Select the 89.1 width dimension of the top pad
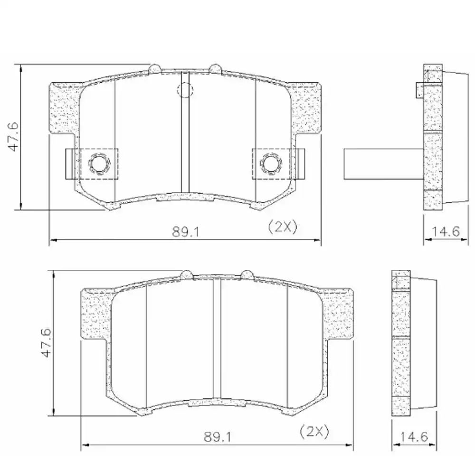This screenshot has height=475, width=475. pos(185,232)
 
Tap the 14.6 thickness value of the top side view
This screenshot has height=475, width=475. pos(445,232)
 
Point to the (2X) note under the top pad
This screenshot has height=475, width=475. pos(282,227)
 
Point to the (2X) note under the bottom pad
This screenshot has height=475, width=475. pos(314,432)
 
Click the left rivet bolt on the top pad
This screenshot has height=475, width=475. pos(99,164)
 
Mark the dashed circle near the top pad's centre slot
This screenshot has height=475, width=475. pos(185,89)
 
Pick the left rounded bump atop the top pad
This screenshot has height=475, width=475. pos(155,68)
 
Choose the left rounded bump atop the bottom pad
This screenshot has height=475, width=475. pos(187,274)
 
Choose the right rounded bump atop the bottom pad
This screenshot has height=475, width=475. pos(247,274)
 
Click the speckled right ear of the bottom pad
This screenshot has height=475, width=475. pos(339,313)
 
